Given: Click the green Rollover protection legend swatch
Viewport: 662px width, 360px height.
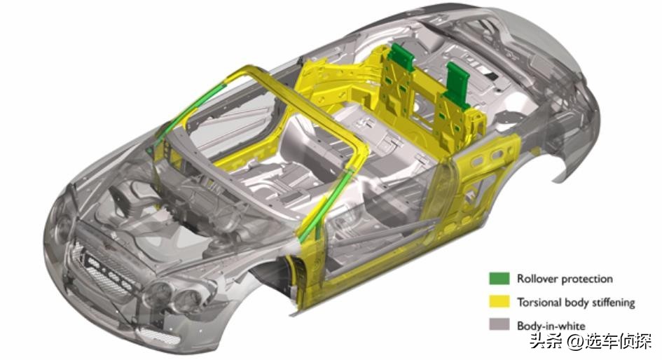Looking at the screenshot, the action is pos(499,279).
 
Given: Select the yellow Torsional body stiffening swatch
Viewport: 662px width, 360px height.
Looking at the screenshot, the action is pos(499,302).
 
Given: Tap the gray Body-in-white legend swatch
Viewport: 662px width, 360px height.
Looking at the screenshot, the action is pos(499,324).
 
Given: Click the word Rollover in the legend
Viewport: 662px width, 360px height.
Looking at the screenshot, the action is pos(534,279).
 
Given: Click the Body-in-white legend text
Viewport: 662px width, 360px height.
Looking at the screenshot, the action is pos(551,326).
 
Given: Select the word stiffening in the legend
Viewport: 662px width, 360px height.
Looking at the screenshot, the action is pos(614,303).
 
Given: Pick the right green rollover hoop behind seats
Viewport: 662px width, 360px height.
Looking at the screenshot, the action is pos(457,83).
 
